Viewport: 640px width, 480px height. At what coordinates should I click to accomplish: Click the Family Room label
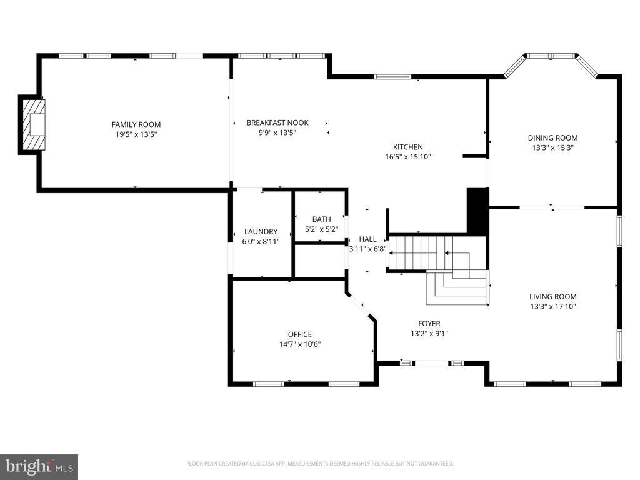point(136,124)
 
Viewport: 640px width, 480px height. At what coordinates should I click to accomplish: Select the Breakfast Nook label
point(277,122)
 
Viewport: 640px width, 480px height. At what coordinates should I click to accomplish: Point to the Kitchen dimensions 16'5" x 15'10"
point(408,157)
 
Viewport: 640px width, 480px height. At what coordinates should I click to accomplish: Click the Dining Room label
point(553,138)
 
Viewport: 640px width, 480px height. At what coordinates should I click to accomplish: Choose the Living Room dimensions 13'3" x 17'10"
point(553,306)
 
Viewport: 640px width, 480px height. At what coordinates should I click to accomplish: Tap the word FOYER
point(429,324)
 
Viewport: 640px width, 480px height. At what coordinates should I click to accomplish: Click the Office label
point(300,334)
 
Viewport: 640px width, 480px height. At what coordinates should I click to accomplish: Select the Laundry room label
point(261,232)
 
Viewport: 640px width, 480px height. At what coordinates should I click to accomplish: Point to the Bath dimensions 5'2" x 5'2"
point(322,229)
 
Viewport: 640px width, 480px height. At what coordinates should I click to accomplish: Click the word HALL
point(367,239)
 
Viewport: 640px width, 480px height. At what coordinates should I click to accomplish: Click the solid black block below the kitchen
point(477,211)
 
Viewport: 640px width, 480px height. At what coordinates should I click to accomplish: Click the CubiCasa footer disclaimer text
point(319,464)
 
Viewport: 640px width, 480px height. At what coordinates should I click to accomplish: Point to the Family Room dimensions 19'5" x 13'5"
point(136,134)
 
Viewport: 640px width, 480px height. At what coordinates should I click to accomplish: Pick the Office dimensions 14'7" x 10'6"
point(300,344)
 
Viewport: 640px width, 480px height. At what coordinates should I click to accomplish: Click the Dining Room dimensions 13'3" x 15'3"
point(553,147)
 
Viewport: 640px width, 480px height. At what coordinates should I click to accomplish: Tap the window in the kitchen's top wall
point(392,76)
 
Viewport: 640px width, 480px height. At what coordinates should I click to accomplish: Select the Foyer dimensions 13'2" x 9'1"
point(429,334)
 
